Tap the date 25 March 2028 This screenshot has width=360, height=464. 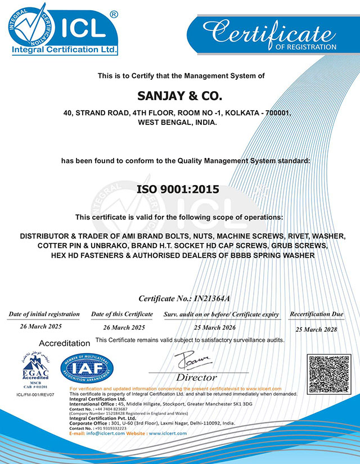(x=316, y=329)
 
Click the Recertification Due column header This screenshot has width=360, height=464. (x=316, y=313)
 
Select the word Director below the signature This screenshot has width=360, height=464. (x=196, y=377)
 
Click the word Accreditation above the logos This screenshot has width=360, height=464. (x=64, y=343)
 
